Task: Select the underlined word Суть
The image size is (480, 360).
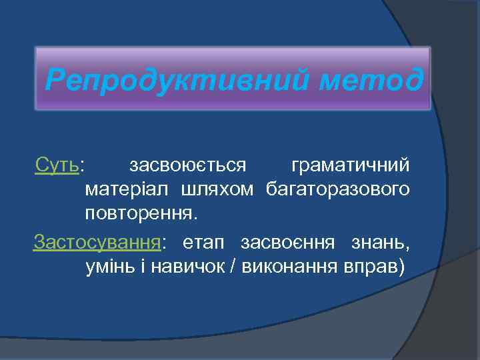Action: [57, 165]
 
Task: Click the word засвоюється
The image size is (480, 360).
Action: [188, 165]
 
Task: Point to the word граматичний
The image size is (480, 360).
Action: [351, 165]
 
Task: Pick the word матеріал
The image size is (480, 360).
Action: [127, 190]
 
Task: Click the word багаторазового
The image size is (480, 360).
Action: [338, 190]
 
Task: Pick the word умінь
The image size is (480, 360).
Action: [111, 267]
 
